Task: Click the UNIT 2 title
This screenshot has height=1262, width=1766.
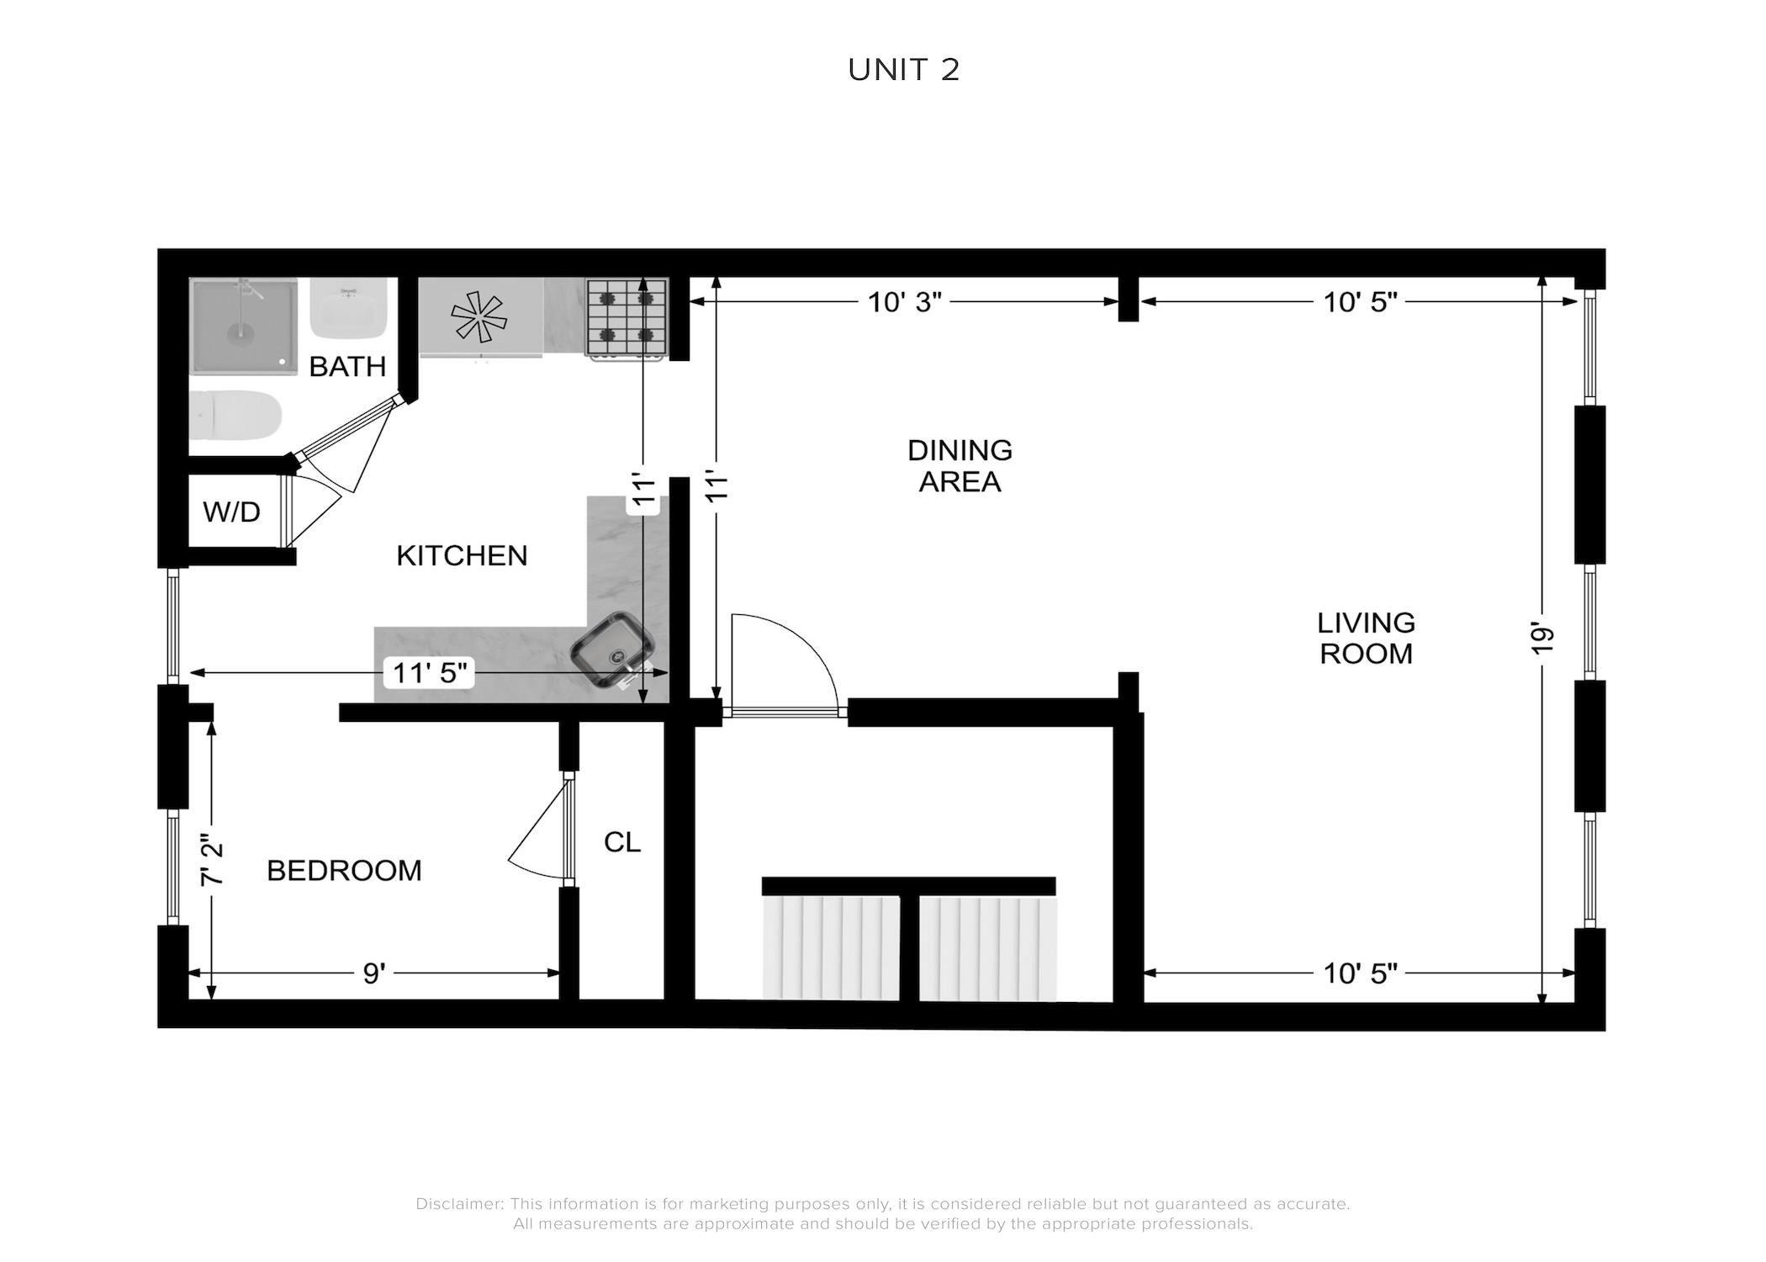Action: (x=903, y=70)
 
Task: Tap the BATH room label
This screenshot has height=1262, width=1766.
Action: (x=347, y=366)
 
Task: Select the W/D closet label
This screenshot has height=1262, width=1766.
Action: (x=231, y=512)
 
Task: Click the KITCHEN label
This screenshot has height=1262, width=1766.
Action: (x=462, y=555)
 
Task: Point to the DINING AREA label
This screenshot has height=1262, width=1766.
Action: (x=960, y=465)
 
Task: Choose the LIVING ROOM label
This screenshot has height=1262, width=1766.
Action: (x=1366, y=638)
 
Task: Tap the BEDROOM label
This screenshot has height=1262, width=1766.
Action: (x=344, y=870)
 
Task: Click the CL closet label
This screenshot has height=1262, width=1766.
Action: (x=622, y=841)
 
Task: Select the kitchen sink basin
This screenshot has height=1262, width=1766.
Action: (x=612, y=649)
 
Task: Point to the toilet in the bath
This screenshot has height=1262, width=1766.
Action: (x=235, y=416)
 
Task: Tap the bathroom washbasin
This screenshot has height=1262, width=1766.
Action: (x=349, y=308)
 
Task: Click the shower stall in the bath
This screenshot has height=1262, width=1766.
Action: (x=243, y=326)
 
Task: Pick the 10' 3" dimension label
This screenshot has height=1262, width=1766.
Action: (x=904, y=302)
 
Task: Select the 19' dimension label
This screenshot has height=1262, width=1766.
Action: (x=1541, y=639)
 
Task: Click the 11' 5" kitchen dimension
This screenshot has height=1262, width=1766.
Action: (x=430, y=673)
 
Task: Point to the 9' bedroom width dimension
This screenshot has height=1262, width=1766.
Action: (x=374, y=973)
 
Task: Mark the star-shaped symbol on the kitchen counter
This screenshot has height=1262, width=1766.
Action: (x=479, y=317)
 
